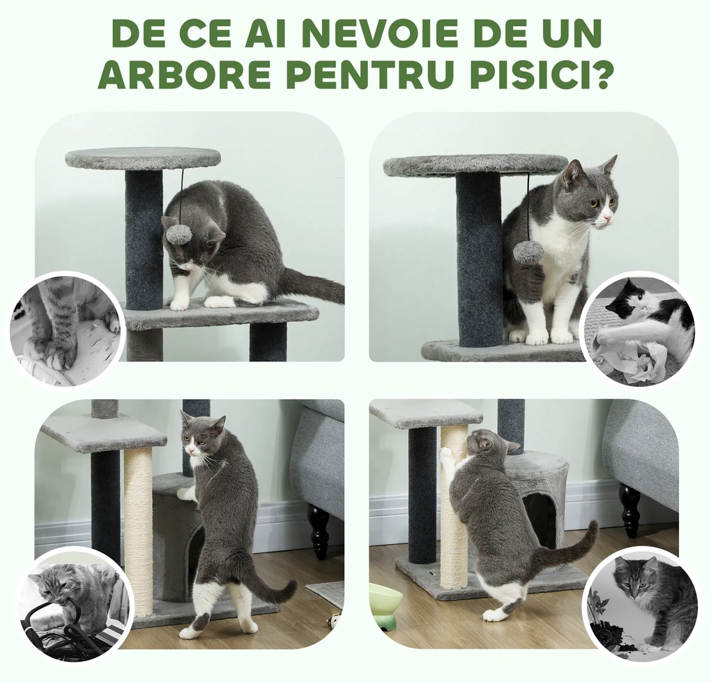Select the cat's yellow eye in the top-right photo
(x=593, y=203)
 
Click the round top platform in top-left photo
(x=143, y=158)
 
